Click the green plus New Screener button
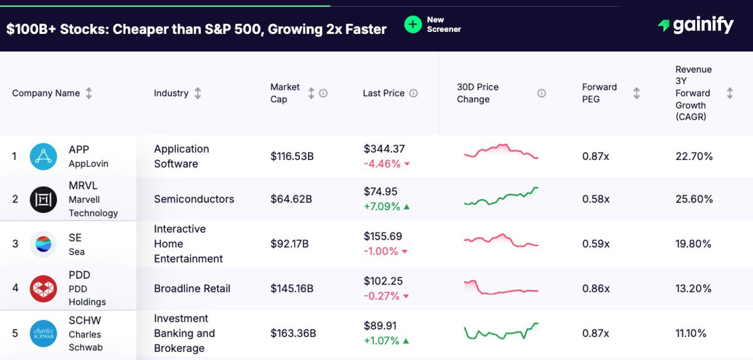pos(413,24)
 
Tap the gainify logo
pos(695,24)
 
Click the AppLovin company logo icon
pos(43,156)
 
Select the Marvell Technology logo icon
pos(43,199)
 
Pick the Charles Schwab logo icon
pos(43,333)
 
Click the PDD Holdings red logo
pos(43,289)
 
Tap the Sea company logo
pos(43,244)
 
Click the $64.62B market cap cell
pos(291,199)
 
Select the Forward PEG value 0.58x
pos(595,199)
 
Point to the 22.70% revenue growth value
pos(694,156)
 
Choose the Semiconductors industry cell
pos(194,199)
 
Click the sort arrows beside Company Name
pos(88,93)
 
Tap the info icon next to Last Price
pos(414,93)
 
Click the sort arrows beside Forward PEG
pos(636,93)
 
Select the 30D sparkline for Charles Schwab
pos(501,331)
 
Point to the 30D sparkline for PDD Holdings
pos(501,287)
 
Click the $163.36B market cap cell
pos(293,333)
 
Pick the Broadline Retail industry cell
pos(192,289)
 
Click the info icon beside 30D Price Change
pos(542,93)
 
